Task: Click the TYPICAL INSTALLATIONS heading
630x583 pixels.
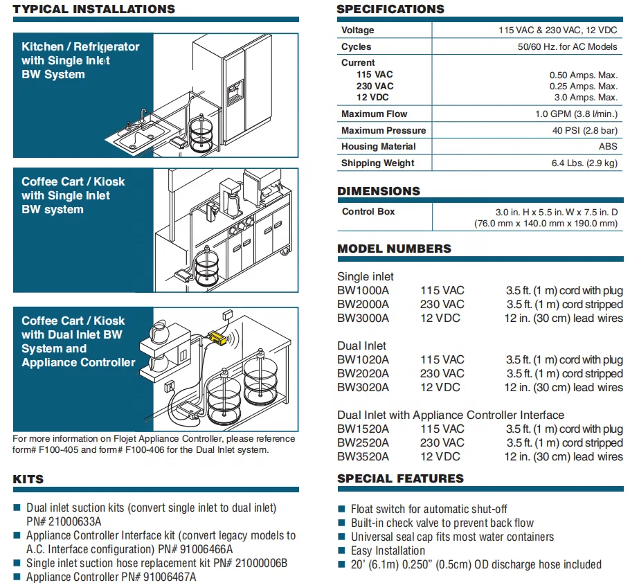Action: pyautogui.click(x=93, y=10)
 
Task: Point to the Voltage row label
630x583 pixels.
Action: pyautogui.click(x=357, y=30)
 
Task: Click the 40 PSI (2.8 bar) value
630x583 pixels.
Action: pyautogui.click(x=584, y=130)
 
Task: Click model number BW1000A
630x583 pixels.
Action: pyautogui.click(x=363, y=291)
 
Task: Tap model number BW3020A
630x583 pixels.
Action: pyautogui.click(x=363, y=388)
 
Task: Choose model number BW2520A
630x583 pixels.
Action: pyautogui.click(x=363, y=443)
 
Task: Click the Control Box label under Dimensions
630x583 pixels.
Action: pyautogui.click(x=368, y=212)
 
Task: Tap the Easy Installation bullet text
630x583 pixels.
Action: pyautogui.click(x=388, y=551)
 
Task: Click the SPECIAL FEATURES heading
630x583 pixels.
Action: pyautogui.click(x=400, y=479)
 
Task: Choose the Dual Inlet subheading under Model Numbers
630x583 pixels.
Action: pyautogui.click(x=362, y=346)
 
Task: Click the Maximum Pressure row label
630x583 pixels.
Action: pyautogui.click(x=384, y=130)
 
